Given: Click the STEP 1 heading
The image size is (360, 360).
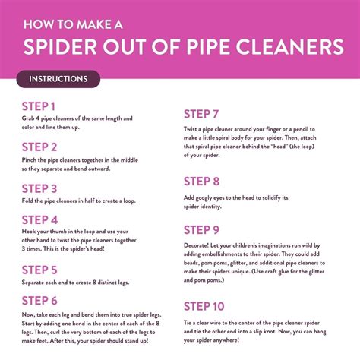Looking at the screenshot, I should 38,106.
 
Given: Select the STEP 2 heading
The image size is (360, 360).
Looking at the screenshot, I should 39,147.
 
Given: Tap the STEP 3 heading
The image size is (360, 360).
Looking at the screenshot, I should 39,188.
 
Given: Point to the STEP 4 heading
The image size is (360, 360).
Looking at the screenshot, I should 39,219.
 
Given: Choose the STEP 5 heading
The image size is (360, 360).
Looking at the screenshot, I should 39,270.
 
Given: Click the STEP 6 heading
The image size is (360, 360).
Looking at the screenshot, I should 39,300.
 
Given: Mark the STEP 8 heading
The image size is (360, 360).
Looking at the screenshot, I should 202,182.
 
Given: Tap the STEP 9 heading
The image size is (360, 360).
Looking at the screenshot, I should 202,230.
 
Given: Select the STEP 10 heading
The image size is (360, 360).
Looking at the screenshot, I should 204,306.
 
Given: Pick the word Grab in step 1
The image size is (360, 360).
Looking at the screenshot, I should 29,118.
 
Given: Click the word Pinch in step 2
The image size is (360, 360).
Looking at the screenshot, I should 30,160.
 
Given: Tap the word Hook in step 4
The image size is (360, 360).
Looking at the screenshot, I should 30,232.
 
